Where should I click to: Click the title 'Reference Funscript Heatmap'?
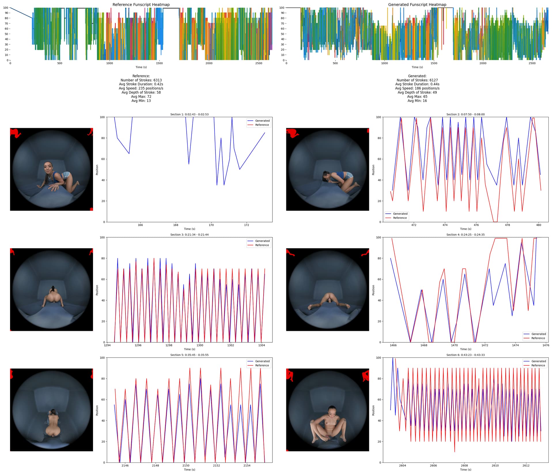click(141, 5)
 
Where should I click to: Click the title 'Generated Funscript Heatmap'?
click(417, 5)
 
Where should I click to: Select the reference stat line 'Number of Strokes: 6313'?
click(141, 80)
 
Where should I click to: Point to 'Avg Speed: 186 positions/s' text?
click(417, 88)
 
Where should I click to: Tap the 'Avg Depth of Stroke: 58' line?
click(141, 92)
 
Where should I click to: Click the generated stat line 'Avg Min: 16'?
click(417, 101)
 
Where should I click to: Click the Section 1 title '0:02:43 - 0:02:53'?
click(189, 114)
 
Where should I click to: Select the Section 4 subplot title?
click(465, 235)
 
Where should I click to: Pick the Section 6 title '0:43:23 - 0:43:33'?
click(465, 355)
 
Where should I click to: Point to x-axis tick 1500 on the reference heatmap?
click(159, 63)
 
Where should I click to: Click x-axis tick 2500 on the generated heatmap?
click(532, 63)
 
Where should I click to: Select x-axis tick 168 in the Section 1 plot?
click(176, 225)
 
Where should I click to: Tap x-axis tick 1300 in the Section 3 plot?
click(200, 345)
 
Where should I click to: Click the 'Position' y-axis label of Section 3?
click(97, 290)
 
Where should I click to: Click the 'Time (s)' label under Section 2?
click(465, 229)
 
